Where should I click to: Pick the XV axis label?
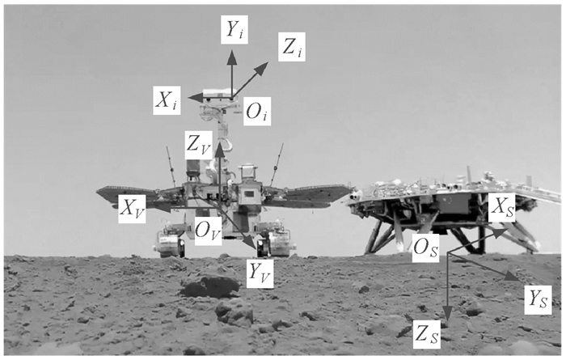coord(132,208)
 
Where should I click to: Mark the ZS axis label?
coord(425,332)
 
